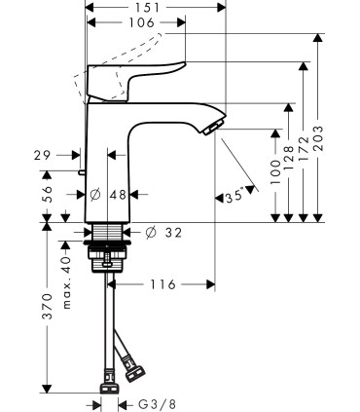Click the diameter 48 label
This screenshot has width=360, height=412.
coord(108,195)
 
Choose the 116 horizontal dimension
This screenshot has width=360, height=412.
coord(162,284)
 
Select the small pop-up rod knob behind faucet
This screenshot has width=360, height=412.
coord(83,171)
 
